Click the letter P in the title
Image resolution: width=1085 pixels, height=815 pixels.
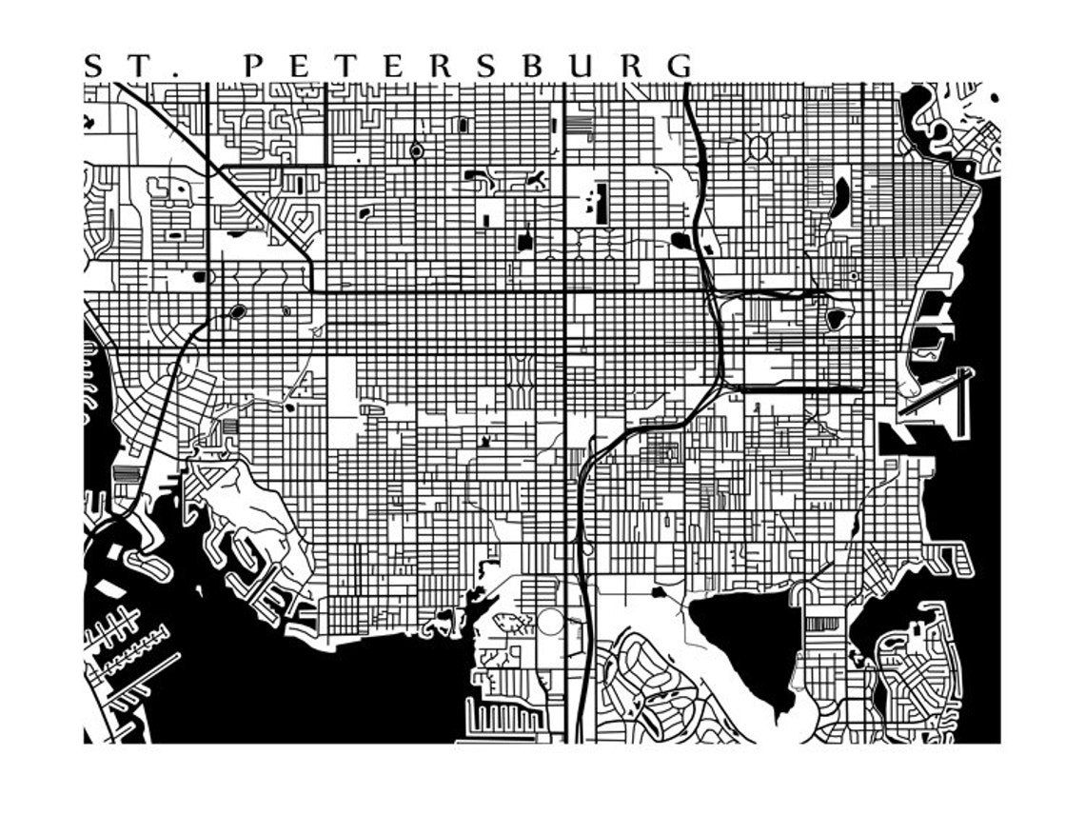click(252, 66)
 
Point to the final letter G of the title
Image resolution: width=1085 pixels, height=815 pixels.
click(680, 66)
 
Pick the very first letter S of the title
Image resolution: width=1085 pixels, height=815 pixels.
click(93, 66)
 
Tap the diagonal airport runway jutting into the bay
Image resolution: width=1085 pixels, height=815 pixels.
click(937, 390)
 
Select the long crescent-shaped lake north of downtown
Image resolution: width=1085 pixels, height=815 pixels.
click(840, 196)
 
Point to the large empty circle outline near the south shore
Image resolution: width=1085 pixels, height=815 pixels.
click(551, 625)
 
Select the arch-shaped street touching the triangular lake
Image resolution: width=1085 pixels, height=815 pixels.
click(803, 595)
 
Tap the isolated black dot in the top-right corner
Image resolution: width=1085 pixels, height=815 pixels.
click(995, 97)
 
